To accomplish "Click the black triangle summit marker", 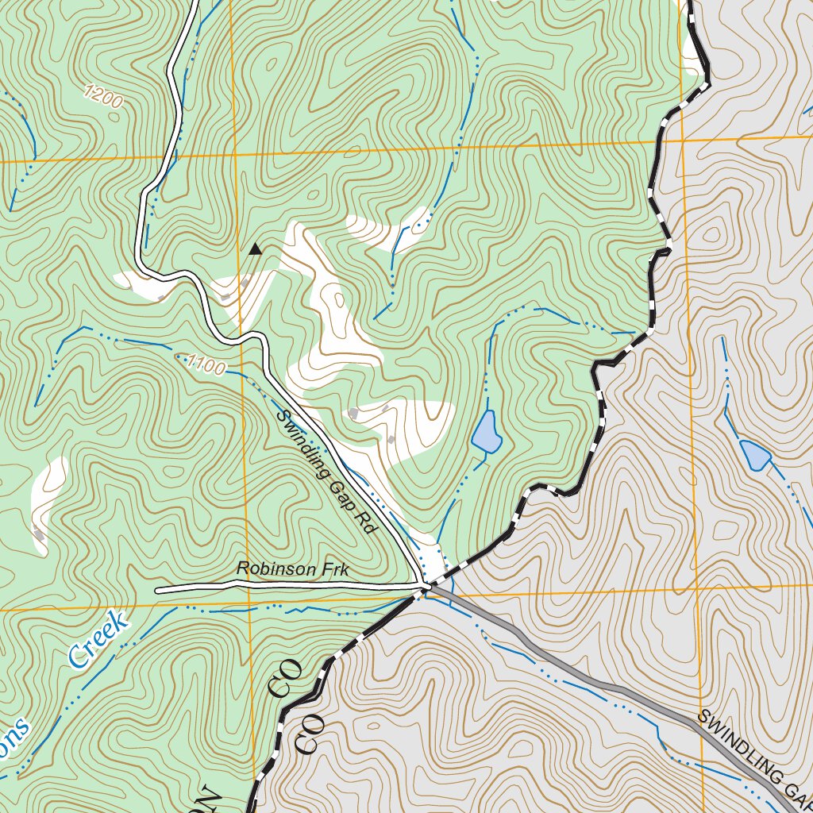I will coord(254,249).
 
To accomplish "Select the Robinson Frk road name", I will coord(292,570).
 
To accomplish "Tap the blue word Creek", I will coord(98,639).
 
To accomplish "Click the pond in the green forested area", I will coord(486,432).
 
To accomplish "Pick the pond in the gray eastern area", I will coord(754,454).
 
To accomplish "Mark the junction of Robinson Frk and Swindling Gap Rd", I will coord(426,588).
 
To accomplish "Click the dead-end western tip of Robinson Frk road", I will coord(157,591).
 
